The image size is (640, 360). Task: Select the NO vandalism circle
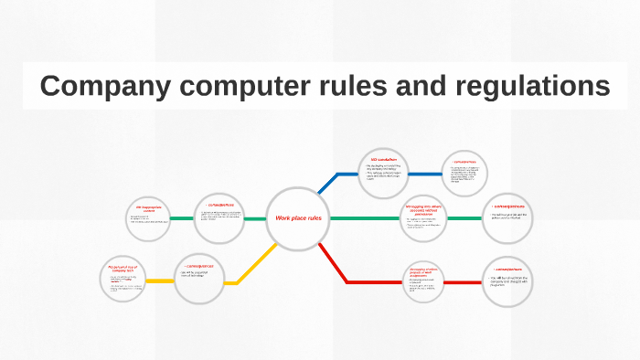382,173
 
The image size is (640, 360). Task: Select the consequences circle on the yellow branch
199,277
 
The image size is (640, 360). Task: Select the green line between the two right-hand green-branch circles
467,218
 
